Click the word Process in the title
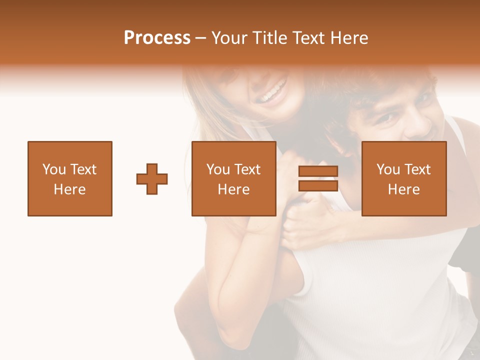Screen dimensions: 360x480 [x=157, y=38]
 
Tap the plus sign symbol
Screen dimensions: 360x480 [x=152, y=178]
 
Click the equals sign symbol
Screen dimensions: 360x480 [x=318, y=178]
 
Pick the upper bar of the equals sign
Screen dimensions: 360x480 [x=318, y=171]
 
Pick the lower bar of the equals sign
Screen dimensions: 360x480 [x=318, y=185]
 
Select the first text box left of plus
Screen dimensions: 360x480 [x=70, y=178]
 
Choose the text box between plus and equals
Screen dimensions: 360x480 [x=233, y=178]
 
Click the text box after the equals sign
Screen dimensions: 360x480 [x=404, y=178]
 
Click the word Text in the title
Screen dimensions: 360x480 [x=308, y=38]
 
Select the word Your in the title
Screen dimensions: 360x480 [x=228, y=38]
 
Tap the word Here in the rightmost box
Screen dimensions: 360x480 [x=404, y=189]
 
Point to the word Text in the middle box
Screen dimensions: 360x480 [x=247, y=169]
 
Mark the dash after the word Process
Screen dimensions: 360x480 [x=200, y=38]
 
